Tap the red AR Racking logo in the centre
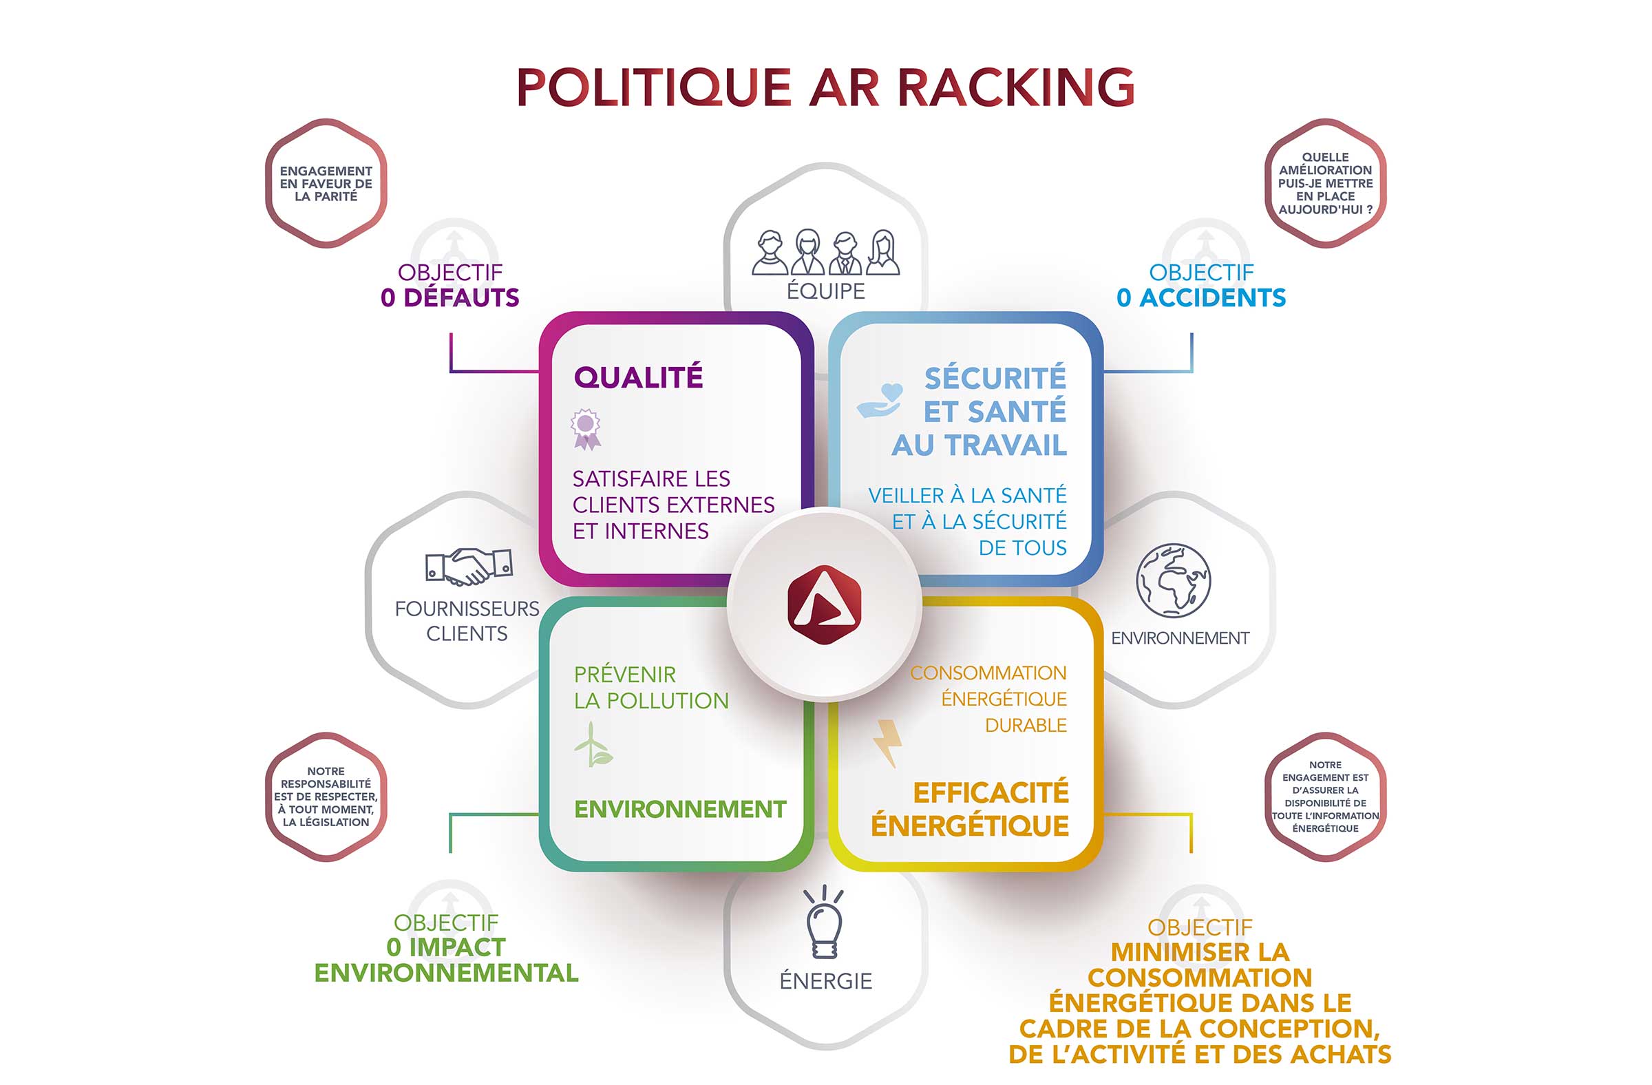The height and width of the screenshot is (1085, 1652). coord(824,604)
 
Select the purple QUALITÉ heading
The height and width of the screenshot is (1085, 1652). coord(638,378)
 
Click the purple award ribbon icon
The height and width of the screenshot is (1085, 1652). coord(586,428)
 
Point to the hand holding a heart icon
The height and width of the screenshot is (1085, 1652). coord(880,401)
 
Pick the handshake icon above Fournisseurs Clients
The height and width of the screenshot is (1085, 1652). coord(469,566)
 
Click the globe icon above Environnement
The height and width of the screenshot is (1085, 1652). coord(1173,580)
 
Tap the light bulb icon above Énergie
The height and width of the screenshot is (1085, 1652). coord(824,923)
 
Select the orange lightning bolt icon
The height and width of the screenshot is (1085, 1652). coord(888,742)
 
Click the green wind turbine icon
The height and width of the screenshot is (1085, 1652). coord(592,745)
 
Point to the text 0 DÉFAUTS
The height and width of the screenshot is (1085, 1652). coord(449,298)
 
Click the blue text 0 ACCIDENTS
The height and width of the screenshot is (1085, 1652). coord(1201,298)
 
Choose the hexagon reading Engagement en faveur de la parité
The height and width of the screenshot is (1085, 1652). coord(326,183)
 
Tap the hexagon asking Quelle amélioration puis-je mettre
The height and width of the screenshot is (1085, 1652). coord(1324,183)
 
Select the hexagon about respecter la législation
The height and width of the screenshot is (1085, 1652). coord(326,797)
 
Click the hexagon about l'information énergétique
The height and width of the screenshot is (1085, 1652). coord(1324,797)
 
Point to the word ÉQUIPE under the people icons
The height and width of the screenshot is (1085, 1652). coord(825,291)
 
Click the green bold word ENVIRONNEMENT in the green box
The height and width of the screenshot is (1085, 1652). coord(679,810)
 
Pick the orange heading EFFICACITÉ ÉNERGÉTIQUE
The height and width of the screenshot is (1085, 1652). coord(971,810)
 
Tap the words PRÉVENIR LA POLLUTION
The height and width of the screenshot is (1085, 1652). coord(650,687)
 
